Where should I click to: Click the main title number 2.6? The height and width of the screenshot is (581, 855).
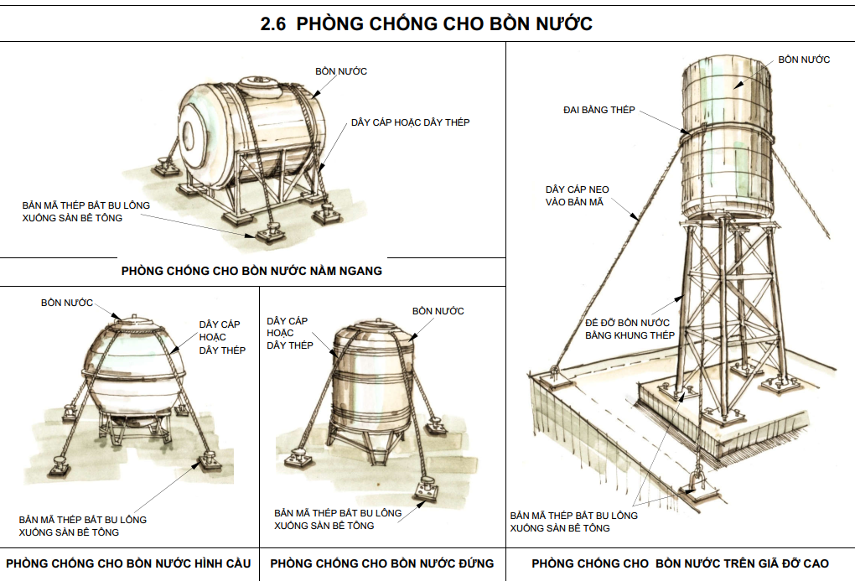click(x=272, y=24)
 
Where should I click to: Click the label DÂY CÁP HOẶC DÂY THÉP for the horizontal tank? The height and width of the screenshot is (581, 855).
click(x=410, y=122)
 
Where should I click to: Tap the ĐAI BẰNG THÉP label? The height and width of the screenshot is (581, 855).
click(x=599, y=110)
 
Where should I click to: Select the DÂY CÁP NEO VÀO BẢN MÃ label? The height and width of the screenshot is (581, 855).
click(x=577, y=195)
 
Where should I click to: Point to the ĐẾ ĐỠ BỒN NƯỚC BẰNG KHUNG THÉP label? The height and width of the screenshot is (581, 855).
click(x=630, y=329)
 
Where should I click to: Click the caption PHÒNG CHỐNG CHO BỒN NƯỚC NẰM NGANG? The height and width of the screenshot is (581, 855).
click(x=251, y=271)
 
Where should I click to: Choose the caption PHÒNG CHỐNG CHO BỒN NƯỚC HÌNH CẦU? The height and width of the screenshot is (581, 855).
click(x=129, y=563)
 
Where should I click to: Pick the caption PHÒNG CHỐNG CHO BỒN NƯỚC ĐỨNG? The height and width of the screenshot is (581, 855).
click(x=382, y=563)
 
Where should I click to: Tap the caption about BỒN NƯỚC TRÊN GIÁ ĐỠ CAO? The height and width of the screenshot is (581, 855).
click(x=680, y=563)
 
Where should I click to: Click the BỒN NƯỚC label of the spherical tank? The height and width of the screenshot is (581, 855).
click(x=67, y=302)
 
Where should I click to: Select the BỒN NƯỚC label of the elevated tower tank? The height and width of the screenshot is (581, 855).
click(x=804, y=60)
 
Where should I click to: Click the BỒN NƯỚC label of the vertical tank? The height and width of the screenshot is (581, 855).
click(x=438, y=311)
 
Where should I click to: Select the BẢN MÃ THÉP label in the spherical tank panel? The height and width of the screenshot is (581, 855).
click(x=82, y=526)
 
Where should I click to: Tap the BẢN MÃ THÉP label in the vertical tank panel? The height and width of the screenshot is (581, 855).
click(x=338, y=519)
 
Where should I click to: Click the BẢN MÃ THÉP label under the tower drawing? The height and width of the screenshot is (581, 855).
click(x=573, y=521)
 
